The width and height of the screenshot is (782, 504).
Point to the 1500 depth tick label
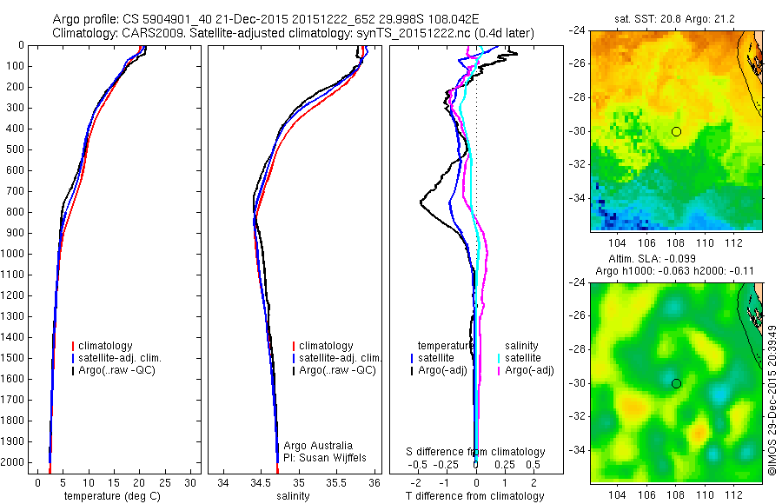(13, 358)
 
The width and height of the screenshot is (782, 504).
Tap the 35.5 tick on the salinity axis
(336, 482)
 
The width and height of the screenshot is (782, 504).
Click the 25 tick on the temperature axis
(165, 482)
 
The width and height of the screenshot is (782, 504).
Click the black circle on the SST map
(676, 131)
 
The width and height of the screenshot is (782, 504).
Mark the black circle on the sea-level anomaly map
(676, 383)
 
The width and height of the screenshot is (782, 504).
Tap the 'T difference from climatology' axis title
(476, 496)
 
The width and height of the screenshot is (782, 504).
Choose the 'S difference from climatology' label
(476, 453)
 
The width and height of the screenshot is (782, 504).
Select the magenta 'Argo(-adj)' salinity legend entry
(530, 370)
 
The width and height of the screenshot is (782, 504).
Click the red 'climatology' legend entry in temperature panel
(106, 346)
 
